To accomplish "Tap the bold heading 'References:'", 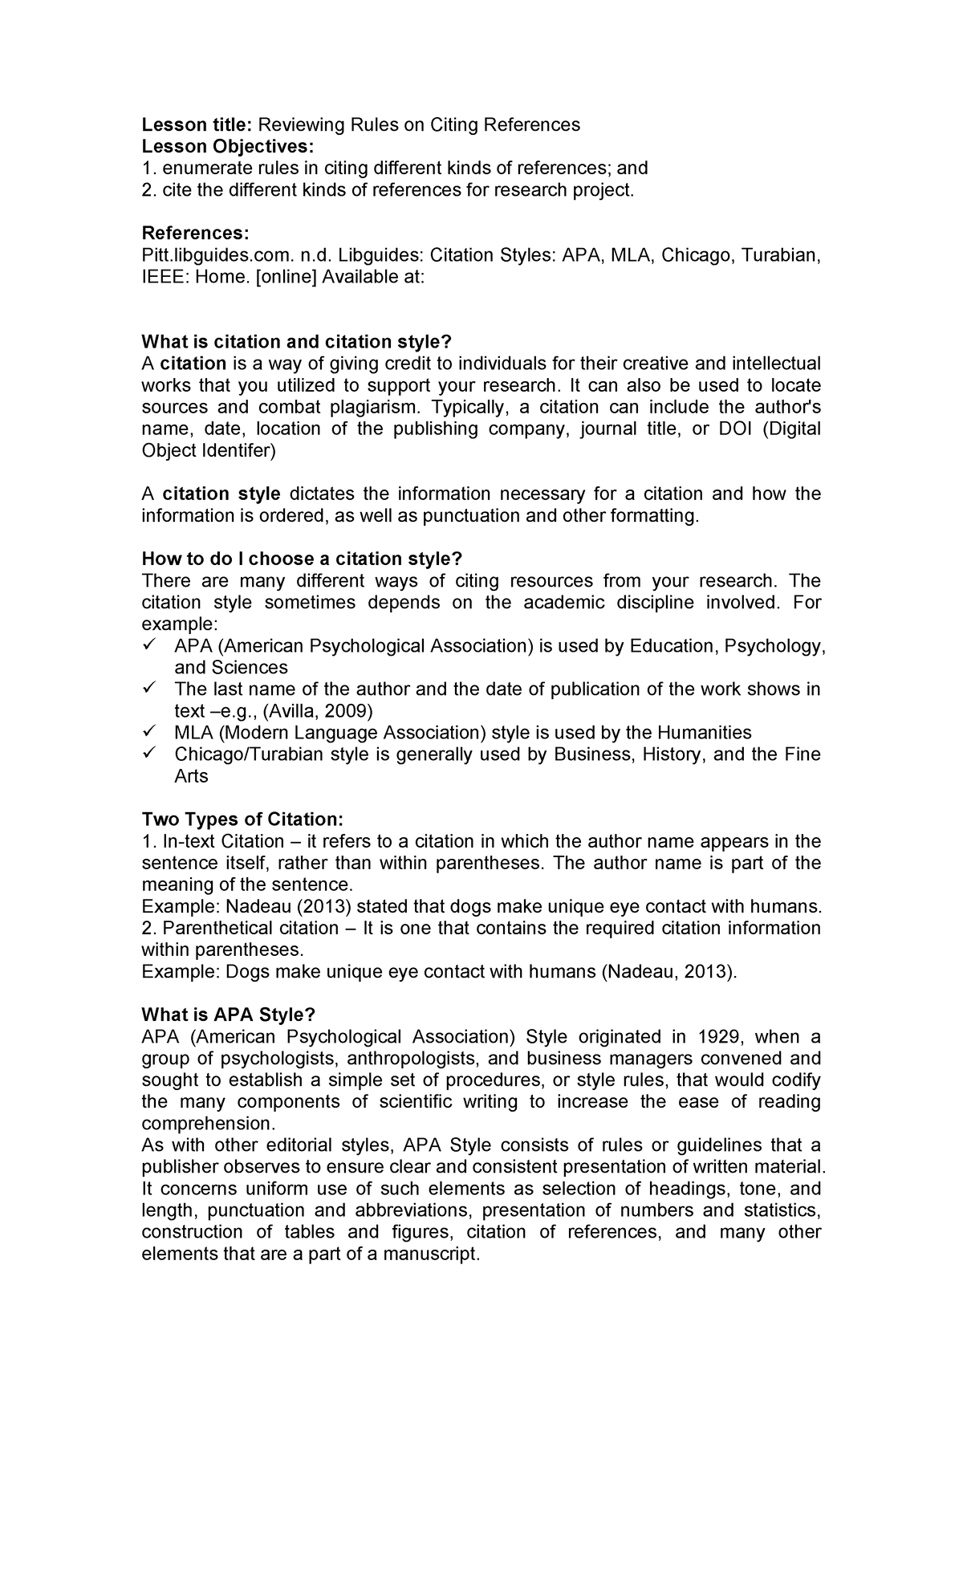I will coord(195,233).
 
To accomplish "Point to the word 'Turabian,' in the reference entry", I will coord(780,255).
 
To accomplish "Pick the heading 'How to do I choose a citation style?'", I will coord(302,559).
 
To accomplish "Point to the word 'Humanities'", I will coord(703,732).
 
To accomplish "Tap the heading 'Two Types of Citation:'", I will coord(242,819).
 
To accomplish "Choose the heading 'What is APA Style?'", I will coord(223,1014).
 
